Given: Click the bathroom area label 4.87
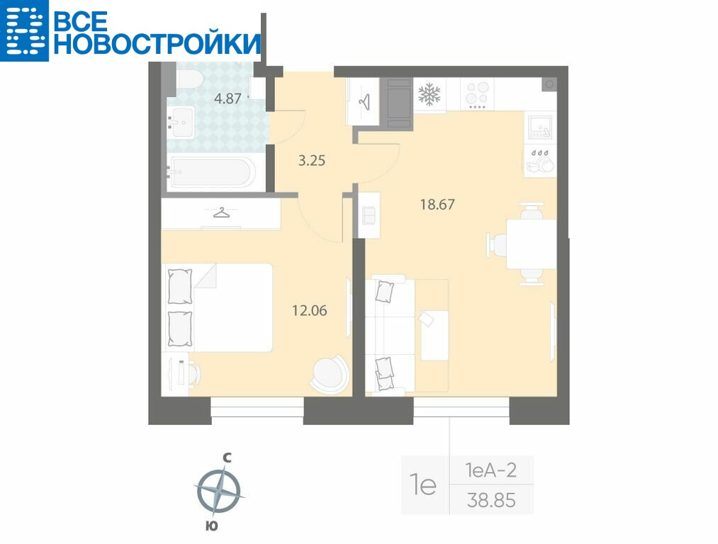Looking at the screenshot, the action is (x=228, y=98).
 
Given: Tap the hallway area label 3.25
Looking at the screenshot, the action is (x=312, y=161).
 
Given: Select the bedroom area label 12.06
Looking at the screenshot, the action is (x=310, y=311).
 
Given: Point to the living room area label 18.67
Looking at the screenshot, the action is (x=437, y=204).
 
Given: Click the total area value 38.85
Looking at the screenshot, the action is (x=491, y=500).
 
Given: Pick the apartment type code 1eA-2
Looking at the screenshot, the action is (x=491, y=470).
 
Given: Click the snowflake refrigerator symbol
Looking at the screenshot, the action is (x=430, y=94).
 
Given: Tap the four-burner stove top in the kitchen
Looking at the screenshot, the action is (x=477, y=95).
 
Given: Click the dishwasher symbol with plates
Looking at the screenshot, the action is (x=540, y=161).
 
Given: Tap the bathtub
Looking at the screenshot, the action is (x=210, y=173).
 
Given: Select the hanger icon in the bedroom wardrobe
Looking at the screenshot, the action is (x=221, y=212).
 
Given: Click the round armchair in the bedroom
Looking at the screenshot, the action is (x=330, y=373).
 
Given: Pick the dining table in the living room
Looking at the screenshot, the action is (x=531, y=244).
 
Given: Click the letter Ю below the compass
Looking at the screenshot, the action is (x=211, y=526).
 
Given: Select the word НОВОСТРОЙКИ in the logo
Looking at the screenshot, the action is (x=157, y=44).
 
